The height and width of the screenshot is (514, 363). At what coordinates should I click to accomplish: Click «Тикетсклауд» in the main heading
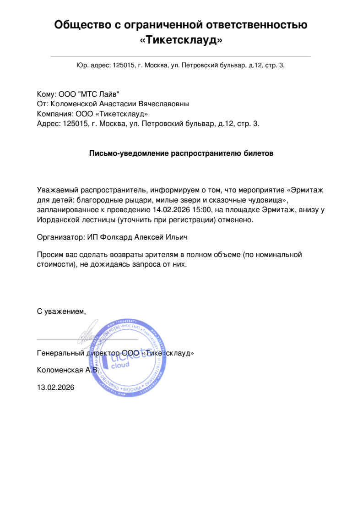tap(181, 40)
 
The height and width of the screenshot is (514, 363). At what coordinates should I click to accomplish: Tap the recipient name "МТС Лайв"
tap(99, 94)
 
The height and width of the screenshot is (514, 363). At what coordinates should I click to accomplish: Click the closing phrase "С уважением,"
tap(61, 312)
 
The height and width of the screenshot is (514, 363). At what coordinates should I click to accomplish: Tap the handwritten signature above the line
tap(87, 337)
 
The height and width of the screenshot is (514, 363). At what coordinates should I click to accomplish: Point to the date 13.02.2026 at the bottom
tap(55, 387)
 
